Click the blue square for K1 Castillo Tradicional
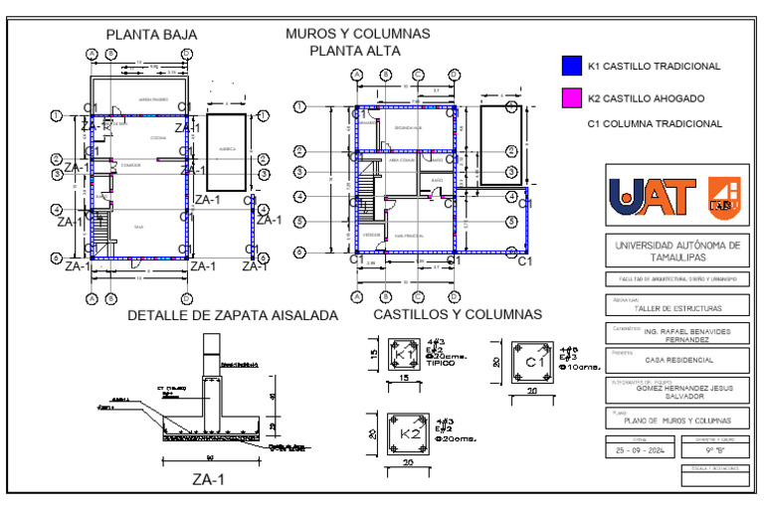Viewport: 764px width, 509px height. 569,67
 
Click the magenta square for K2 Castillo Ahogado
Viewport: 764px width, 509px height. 569,97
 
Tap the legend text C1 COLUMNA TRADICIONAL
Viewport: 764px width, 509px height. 655,124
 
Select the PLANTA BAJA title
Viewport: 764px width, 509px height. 151,35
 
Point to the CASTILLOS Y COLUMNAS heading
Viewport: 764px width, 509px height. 457,315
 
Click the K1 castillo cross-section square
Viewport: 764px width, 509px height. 404,354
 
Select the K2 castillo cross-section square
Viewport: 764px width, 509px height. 404,433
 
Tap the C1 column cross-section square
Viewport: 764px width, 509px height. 531,363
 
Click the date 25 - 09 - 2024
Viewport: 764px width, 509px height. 639,449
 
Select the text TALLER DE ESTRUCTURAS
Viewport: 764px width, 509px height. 677,310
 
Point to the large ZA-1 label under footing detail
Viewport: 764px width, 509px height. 208,479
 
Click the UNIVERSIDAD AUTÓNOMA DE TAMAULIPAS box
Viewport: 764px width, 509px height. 677,249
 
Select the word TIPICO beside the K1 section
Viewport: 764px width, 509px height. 441,364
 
